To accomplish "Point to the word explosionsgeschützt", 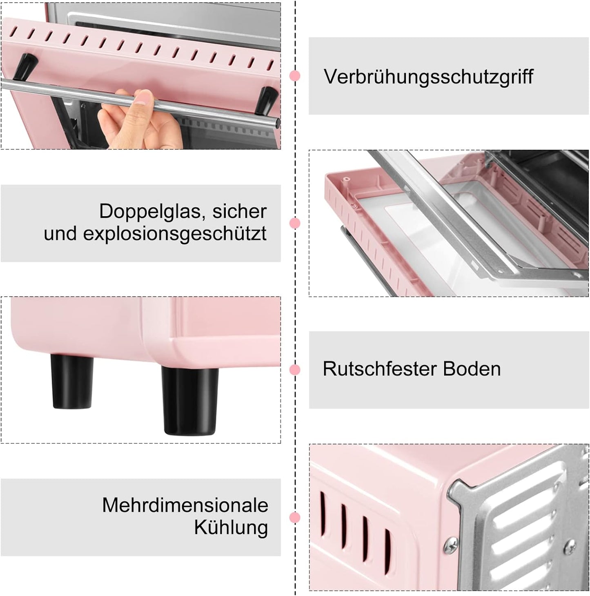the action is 175,234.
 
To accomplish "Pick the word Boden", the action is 472,369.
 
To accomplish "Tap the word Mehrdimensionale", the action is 185,506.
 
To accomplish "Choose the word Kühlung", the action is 231,528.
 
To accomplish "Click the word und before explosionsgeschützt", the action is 60,234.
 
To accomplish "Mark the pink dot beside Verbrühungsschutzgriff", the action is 295,76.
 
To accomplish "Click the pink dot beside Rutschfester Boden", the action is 295,370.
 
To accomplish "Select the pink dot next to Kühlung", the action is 295,517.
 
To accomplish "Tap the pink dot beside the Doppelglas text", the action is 295,223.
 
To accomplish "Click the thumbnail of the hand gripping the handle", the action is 141,76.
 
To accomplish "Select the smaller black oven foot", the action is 72,381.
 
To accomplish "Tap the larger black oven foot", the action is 189,401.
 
